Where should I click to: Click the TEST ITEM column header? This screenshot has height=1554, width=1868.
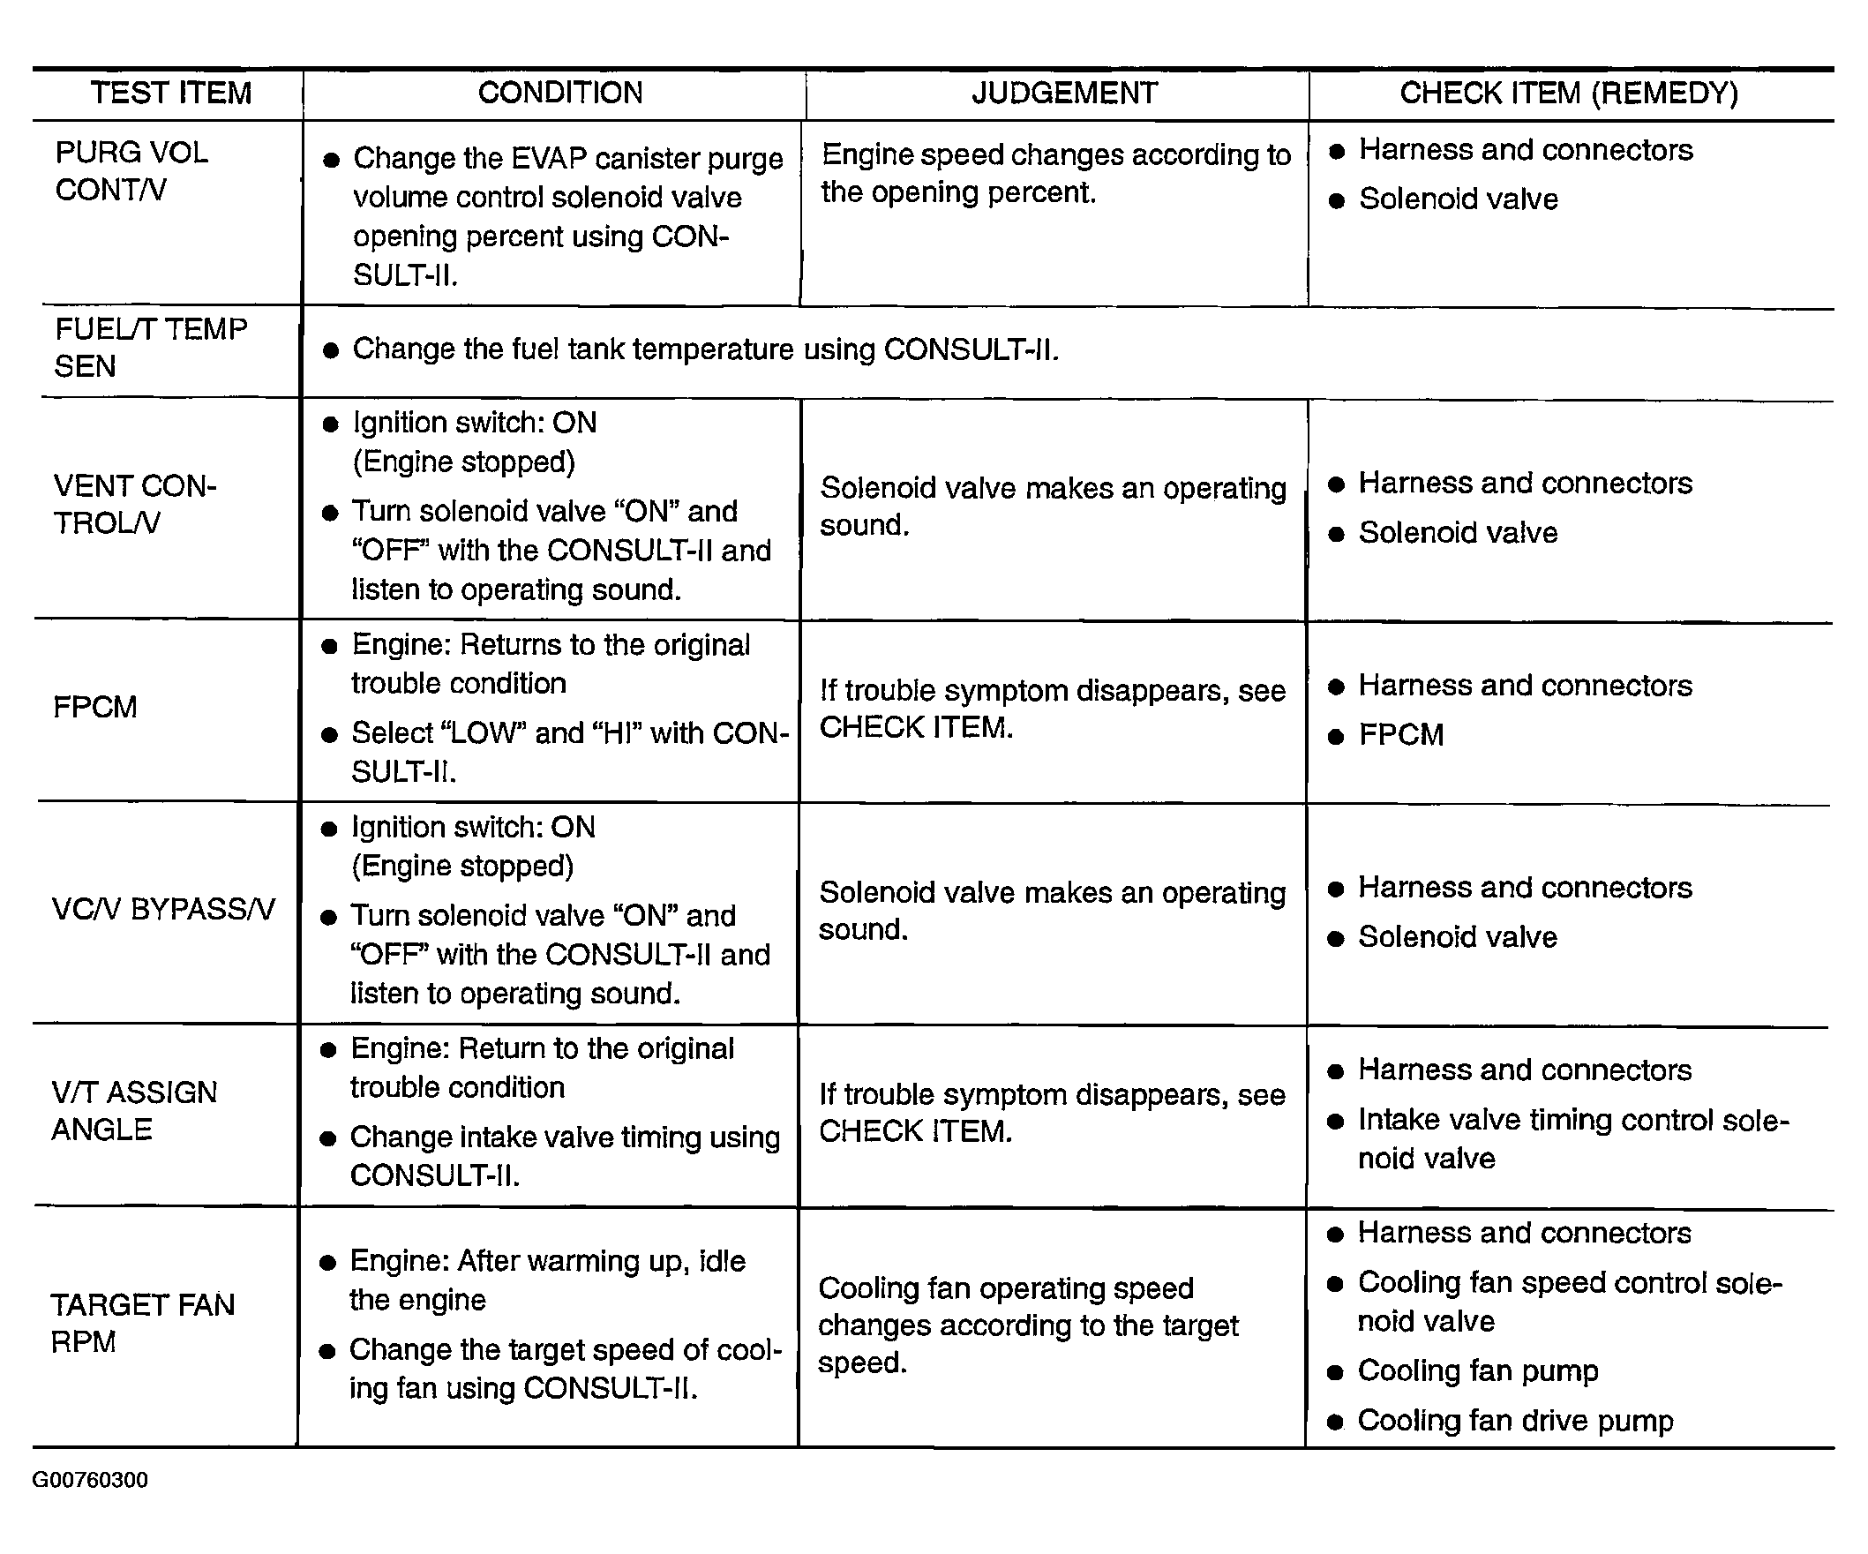click(171, 93)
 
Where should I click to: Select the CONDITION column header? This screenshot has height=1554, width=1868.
click(559, 93)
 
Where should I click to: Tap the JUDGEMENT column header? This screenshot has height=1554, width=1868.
click(1064, 93)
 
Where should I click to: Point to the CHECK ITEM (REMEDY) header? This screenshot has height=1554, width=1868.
click(1568, 93)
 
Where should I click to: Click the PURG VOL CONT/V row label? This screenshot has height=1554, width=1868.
click(131, 171)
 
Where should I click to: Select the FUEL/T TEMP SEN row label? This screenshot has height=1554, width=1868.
click(150, 348)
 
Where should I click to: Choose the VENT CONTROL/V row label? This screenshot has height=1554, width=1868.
click(134, 505)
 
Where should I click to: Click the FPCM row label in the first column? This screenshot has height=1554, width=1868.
click(95, 707)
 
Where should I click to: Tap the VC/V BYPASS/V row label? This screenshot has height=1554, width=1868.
click(163, 909)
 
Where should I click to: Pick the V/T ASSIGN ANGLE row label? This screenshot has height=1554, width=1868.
click(133, 1110)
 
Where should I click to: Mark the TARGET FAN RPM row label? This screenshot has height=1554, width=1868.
click(142, 1323)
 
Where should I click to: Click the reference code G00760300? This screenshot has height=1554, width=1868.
click(90, 1479)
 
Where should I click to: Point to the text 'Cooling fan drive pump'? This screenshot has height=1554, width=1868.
click(1515, 1421)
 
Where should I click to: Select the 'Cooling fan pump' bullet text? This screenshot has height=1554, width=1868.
click(1477, 1370)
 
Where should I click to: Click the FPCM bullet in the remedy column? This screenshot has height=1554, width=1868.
click(1401, 735)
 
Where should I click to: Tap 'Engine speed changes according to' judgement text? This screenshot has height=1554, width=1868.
click(1055, 154)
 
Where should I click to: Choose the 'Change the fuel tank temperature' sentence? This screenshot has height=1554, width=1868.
click(704, 349)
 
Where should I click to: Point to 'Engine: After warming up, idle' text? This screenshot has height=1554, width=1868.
click(547, 1261)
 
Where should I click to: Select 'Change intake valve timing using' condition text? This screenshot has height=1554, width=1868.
click(565, 1137)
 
